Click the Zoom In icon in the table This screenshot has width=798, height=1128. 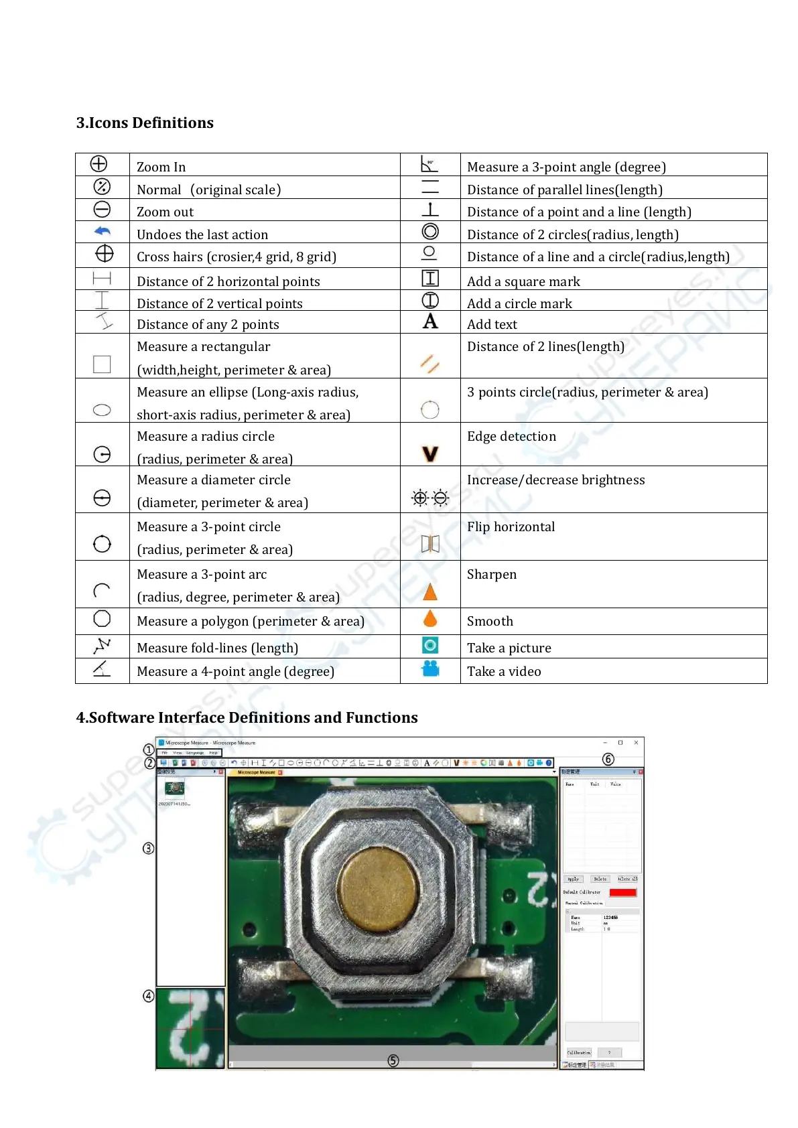(98, 164)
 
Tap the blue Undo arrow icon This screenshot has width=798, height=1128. (102, 232)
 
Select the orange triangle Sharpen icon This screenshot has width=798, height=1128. (430, 591)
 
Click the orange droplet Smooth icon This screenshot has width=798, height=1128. (430, 618)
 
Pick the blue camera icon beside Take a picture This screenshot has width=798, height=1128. (430, 645)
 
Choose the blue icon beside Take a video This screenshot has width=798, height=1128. (430, 668)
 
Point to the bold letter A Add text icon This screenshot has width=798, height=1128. (430, 322)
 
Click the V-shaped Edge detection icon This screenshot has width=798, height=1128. (430, 454)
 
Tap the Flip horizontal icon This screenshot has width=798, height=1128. (430, 543)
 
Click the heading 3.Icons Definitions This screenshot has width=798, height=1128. (145, 123)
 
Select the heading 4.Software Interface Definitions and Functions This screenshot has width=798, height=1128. (247, 717)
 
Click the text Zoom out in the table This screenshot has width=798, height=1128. (165, 212)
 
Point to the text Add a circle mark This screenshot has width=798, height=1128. (519, 303)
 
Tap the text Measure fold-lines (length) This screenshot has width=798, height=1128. (217, 648)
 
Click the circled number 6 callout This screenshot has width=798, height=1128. (608, 759)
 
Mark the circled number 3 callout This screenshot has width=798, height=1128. (149, 848)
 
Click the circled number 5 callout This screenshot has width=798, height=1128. (393, 1060)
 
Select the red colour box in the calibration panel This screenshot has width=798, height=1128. (622, 892)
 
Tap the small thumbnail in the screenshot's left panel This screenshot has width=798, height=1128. (174, 788)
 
